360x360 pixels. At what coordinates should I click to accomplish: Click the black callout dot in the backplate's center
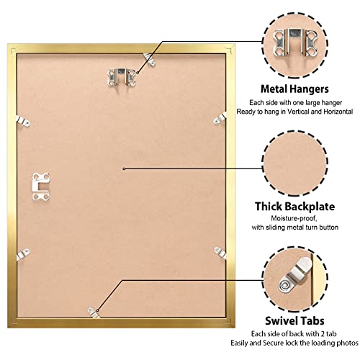point(124,168)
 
